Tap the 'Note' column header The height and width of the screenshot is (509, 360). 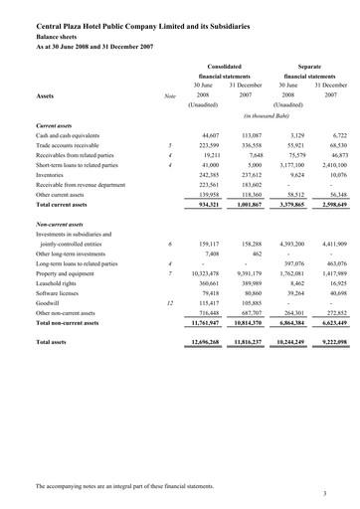coord(170,97)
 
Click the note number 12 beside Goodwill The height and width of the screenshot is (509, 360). coord(170,329)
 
